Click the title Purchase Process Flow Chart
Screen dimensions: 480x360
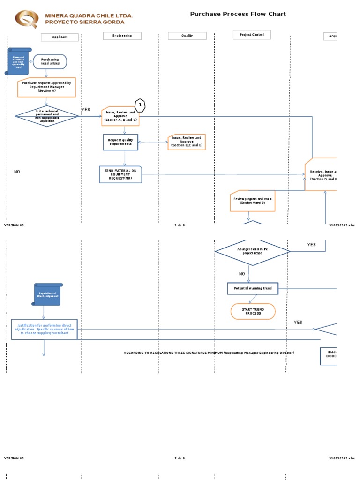click(x=238, y=14)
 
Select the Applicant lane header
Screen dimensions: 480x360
click(x=60, y=37)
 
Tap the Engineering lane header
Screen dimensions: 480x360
click(x=122, y=36)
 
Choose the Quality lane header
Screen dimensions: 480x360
click(x=187, y=36)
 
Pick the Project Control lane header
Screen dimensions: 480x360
click(x=252, y=35)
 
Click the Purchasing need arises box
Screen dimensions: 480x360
click(x=50, y=61)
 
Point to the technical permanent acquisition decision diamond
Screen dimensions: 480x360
click(x=47, y=117)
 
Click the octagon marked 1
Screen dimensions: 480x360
click(x=140, y=105)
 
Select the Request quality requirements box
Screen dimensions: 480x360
click(x=120, y=142)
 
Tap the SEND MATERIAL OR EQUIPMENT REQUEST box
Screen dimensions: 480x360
click(x=120, y=174)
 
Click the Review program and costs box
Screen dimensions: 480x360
click(x=253, y=201)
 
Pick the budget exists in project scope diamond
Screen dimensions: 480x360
click(x=253, y=251)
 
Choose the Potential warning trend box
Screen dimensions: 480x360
click(x=253, y=288)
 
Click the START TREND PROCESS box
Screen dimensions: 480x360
click(x=253, y=311)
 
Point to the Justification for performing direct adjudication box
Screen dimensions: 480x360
click(x=44, y=330)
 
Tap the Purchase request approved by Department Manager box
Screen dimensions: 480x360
click(x=46, y=87)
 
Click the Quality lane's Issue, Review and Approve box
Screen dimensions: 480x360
click(x=187, y=142)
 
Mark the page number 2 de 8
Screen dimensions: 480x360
click(x=180, y=458)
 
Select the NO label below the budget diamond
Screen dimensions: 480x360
click(x=242, y=274)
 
